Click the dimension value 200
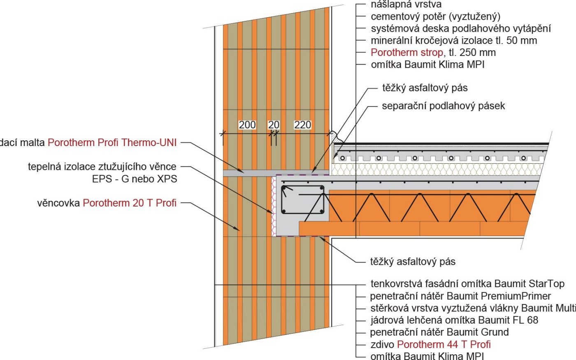247,125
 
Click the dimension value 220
302,125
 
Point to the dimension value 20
274,125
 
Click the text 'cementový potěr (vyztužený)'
435,16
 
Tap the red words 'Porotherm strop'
406,52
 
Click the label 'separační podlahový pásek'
443,106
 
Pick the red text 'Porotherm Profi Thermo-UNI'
112,142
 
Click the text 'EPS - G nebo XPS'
135,179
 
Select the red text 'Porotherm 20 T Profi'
130,203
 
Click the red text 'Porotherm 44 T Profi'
444,344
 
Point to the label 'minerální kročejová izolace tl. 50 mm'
454,40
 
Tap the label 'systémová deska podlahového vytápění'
460,28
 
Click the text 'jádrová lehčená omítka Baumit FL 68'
454,320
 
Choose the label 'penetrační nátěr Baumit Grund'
439,332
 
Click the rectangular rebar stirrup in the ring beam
302,200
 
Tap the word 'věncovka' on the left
58,203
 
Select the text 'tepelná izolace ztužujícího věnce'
102,167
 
